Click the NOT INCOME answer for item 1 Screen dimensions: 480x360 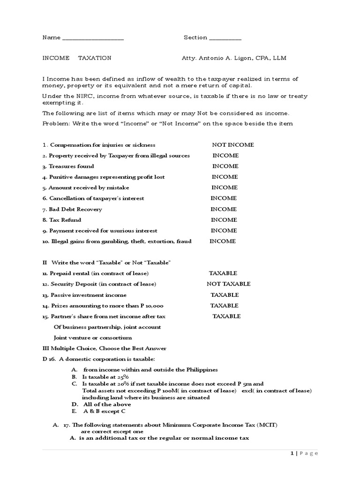[x=233, y=145]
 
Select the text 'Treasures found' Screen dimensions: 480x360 [x=72, y=166]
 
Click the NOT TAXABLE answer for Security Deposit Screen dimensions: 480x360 [x=229, y=284]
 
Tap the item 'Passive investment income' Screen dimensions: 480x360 [x=88, y=295]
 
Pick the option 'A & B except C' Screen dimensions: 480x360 [x=105, y=411]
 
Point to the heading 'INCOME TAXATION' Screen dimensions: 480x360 [x=77, y=58]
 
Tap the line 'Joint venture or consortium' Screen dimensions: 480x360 [x=93, y=337]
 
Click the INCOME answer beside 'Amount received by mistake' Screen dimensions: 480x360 [x=225, y=187]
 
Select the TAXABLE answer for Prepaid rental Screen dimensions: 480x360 [x=223, y=273]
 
